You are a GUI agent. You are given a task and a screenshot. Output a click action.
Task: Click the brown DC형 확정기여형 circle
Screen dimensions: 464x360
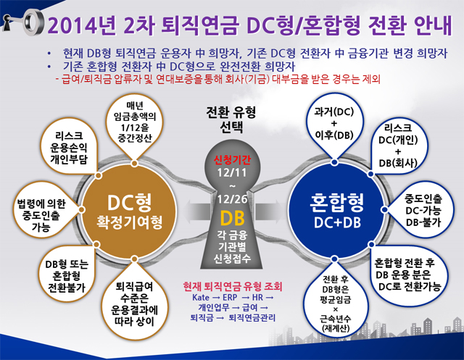point(129,211)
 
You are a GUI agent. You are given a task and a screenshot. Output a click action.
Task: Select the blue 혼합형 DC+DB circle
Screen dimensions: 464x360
point(336,211)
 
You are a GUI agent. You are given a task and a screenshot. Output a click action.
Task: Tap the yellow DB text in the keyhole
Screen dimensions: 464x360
point(232,219)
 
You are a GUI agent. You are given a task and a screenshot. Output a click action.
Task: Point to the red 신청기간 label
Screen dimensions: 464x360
point(232,160)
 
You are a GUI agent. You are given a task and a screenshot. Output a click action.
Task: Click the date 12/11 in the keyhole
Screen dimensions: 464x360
point(232,173)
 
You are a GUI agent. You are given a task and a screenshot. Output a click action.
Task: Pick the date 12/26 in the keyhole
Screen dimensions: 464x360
point(232,199)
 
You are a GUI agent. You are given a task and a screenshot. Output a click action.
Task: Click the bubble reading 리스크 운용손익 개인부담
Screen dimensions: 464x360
point(70,147)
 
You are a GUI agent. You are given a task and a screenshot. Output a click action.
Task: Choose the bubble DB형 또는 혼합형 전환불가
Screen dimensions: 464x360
point(67,275)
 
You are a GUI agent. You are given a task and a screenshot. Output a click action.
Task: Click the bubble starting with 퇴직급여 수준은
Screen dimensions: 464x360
point(135,302)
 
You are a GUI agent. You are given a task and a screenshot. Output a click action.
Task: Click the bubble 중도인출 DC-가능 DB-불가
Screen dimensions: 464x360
point(421,211)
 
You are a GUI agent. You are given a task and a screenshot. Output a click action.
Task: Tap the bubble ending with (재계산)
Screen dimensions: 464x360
point(335,303)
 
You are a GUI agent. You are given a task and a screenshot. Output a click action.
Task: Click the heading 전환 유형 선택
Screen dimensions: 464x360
point(231,120)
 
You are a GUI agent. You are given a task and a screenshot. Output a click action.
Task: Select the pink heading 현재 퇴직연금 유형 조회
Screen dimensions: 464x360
point(233,286)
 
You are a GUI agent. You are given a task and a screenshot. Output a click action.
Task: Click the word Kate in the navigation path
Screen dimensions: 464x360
point(201,297)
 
